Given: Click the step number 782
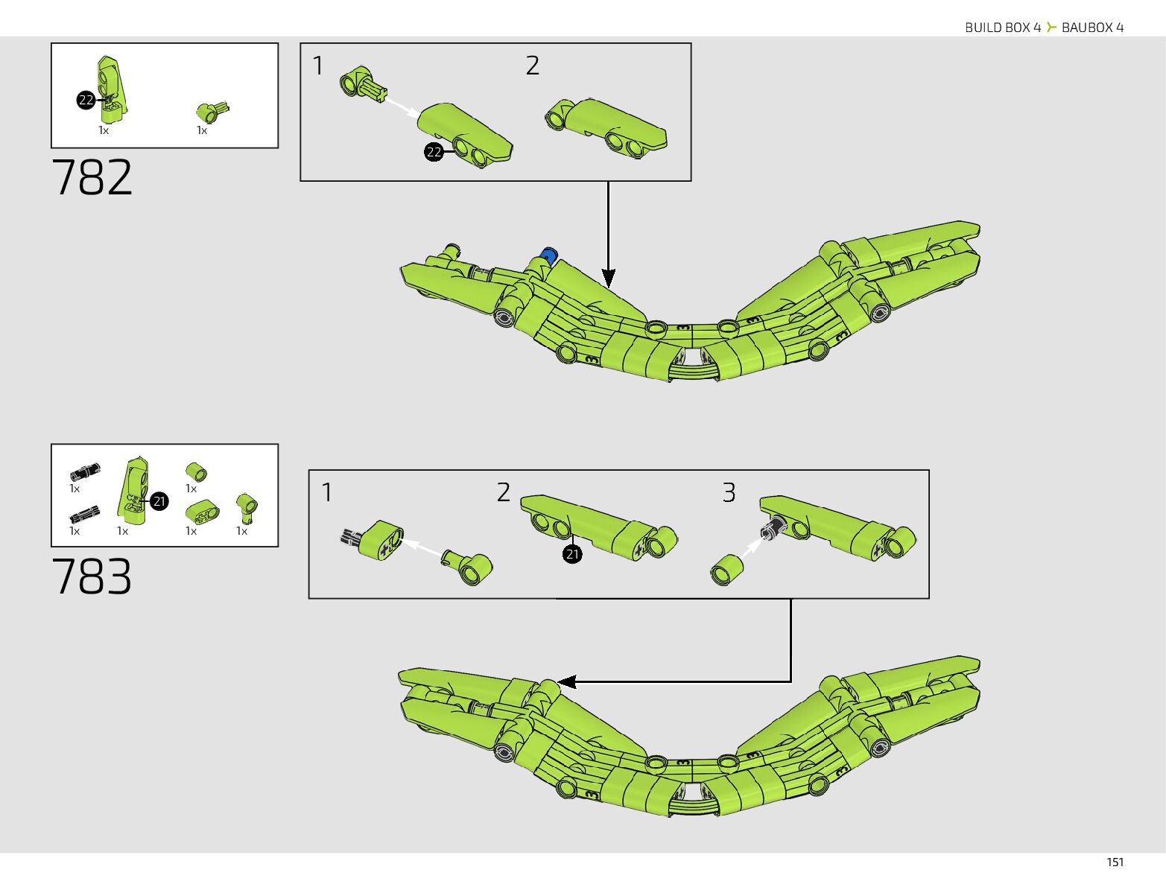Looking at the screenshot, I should click(x=92, y=177).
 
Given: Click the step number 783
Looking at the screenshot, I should click(x=92, y=576).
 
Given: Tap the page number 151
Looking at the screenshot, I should click(x=1115, y=862).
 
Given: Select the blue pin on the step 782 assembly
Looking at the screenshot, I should click(x=550, y=255).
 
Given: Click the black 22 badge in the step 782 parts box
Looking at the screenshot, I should click(x=86, y=100).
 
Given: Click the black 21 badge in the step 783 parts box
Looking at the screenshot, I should click(x=159, y=501).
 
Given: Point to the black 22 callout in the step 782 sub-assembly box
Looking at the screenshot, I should click(x=434, y=152).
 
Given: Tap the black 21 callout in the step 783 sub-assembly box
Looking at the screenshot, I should click(x=572, y=554).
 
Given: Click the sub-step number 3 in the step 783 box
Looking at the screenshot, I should click(x=729, y=492).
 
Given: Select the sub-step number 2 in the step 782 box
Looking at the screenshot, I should click(x=532, y=66).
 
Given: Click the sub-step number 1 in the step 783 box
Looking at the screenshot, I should click(x=326, y=492).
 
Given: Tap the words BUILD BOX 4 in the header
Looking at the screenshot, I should click(x=1002, y=28).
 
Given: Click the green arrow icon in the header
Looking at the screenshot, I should click(x=1051, y=28).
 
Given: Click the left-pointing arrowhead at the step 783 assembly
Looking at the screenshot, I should click(x=566, y=681).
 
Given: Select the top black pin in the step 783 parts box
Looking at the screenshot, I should click(x=85, y=471).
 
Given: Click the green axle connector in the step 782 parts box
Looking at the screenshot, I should click(x=212, y=112).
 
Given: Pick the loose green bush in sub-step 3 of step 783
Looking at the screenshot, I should click(x=727, y=570).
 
